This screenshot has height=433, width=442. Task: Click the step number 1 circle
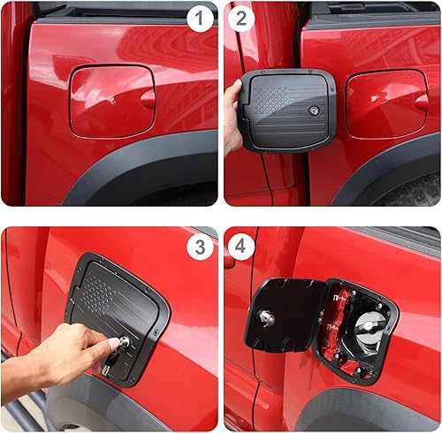pos(201,17)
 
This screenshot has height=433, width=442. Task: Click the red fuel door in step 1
pos(110,101)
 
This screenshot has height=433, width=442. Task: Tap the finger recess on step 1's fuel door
pos(148,99)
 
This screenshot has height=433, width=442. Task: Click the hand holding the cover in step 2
pos(233,115)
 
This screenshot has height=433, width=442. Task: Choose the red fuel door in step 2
pos(385,103)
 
